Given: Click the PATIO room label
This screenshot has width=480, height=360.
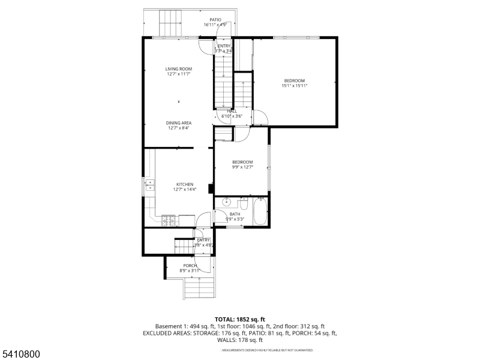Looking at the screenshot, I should [x=215, y=19].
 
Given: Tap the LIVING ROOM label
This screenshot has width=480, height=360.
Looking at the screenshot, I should [x=179, y=69].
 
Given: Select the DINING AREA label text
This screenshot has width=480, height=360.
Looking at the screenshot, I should [x=179, y=122].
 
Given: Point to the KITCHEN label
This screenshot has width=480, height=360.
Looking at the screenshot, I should [x=184, y=184].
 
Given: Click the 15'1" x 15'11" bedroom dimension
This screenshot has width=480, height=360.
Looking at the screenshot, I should [x=295, y=86].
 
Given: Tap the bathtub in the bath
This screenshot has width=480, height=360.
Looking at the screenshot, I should [x=260, y=212].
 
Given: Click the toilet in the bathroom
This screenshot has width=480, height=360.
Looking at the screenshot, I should [x=244, y=203].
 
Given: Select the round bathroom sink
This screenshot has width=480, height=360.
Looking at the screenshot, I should [x=226, y=202].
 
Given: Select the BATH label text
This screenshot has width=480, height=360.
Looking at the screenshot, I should [x=235, y=214].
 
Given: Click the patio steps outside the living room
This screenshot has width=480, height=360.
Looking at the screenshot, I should [x=170, y=23].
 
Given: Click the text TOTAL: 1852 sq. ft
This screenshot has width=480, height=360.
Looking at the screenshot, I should [x=240, y=319].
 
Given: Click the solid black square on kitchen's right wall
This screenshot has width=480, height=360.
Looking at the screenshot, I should [x=211, y=189].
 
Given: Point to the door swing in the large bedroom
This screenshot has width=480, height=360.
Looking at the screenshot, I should [x=260, y=117].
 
